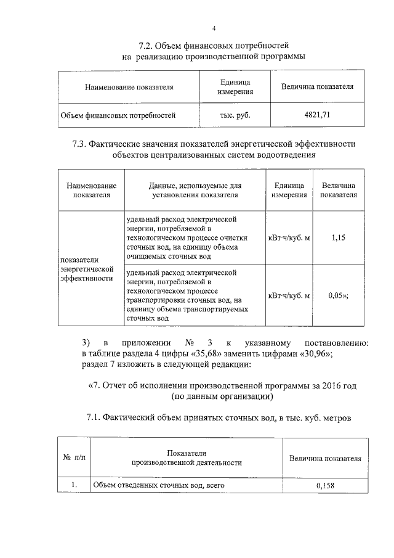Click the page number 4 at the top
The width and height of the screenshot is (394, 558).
point(214,28)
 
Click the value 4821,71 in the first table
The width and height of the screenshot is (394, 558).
point(317,115)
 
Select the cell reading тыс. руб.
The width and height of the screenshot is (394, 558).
point(235,115)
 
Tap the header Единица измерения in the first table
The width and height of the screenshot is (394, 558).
point(235,87)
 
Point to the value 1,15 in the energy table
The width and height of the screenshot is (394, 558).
point(337,237)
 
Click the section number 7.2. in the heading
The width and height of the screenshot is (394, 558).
point(145,46)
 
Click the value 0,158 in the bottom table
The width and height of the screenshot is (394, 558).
point(324,486)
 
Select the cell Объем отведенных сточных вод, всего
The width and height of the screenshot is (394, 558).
point(158,486)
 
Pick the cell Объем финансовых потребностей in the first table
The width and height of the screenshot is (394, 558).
point(118,115)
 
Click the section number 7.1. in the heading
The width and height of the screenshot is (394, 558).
point(97,419)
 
